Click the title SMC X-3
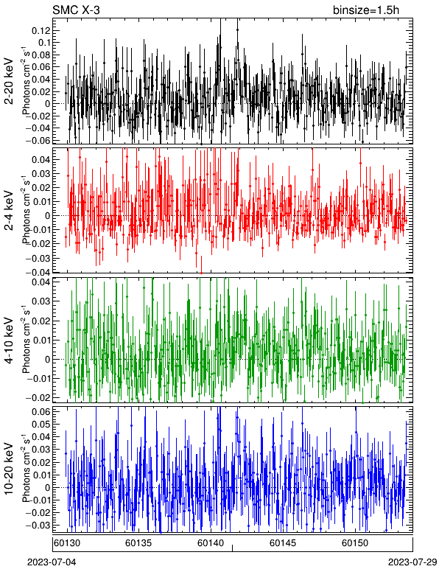pyautogui.click(x=76, y=10)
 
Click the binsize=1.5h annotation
pyautogui.click(x=366, y=10)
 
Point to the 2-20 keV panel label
pyautogui.click(x=9, y=81)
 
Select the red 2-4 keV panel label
pyautogui.click(x=9, y=211)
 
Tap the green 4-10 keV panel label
pyautogui.click(x=9, y=341)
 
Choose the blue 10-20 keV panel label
pyautogui.click(x=9, y=468)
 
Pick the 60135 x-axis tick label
pyautogui.click(x=137, y=543)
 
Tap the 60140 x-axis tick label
pyautogui.click(x=209, y=543)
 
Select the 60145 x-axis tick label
pyautogui.click(x=281, y=543)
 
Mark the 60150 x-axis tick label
pyautogui.click(x=354, y=543)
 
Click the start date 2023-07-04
pyautogui.click(x=52, y=562)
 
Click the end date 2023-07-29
pyautogui.click(x=413, y=562)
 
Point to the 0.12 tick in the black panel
pyautogui.click(x=41, y=30)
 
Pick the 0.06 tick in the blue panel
pyautogui.click(x=41, y=411)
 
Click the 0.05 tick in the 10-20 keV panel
pyautogui.click(x=41, y=424)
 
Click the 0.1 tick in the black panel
pyautogui.click(x=43, y=43)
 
